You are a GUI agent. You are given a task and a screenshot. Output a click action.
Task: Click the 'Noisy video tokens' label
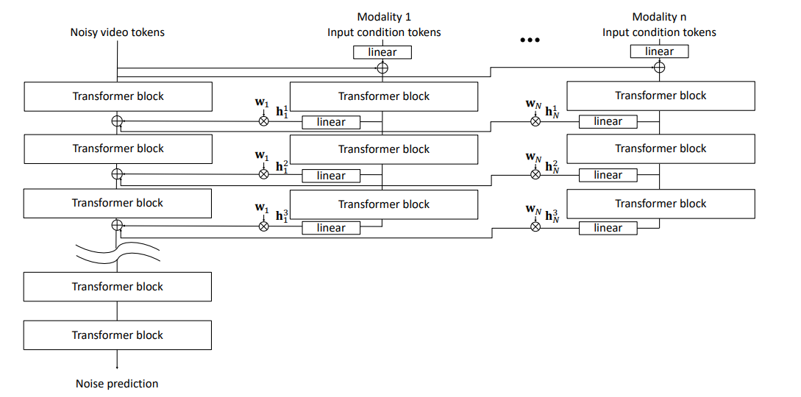(118, 32)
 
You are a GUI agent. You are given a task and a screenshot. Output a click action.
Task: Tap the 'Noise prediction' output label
(117, 383)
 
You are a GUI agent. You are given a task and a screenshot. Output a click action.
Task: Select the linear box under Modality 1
(382, 52)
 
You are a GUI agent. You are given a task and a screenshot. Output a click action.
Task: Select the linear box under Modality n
(659, 51)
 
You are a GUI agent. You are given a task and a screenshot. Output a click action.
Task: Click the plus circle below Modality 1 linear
(382, 68)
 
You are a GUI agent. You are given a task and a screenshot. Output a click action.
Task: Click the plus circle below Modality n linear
(659, 68)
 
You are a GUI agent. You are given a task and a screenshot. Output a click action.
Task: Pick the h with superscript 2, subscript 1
(282, 165)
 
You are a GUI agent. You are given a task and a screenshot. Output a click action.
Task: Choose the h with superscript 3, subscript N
(556, 218)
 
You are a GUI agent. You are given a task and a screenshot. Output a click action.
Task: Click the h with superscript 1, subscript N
(556, 112)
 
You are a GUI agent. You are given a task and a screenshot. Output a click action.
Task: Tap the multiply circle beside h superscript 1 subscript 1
(263, 121)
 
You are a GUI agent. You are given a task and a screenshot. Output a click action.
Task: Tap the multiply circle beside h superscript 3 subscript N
(535, 227)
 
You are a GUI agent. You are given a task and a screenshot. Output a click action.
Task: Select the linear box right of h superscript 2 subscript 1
(331, 176)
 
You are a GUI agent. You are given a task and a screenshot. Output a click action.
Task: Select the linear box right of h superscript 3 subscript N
(608, 228)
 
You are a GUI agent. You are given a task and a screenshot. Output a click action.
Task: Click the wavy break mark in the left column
(118, 252)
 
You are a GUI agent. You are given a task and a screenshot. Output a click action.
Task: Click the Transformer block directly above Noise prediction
(118, 335)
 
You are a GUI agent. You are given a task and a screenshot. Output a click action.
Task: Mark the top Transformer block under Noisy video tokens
(118, 96)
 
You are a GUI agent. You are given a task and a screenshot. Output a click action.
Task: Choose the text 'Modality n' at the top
(659, 17)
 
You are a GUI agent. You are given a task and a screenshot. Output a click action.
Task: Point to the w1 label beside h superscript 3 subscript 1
(262, 208)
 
